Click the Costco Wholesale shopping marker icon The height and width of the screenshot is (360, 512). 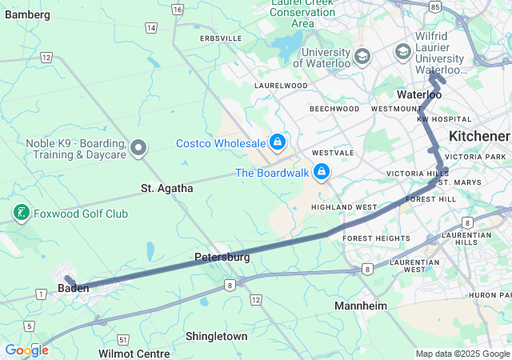point(277,142)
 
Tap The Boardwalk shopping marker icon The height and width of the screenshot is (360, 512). point(322,171)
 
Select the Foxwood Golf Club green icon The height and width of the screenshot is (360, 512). point(22,213)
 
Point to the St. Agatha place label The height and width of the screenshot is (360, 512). point(167,189)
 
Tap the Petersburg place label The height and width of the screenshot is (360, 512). point(222,258)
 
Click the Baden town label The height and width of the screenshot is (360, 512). point(74,288)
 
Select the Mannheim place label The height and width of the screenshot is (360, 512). point(361,306)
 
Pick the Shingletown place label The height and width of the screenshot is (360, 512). point(217,337)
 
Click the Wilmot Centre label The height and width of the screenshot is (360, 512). point(134,354)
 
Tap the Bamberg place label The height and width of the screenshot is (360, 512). point(27,15)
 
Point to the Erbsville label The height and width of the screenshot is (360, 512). point(221,38)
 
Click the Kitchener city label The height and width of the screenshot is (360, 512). point(479,136)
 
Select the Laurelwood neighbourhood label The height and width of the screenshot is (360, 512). point(281,85)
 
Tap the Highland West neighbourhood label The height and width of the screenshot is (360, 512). point(343,207)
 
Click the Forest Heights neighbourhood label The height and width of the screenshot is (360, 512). point(376,238)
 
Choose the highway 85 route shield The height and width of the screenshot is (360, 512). point(434,6)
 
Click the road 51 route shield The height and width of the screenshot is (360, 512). point(122,339)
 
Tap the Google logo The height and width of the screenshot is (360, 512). point(26,350)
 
